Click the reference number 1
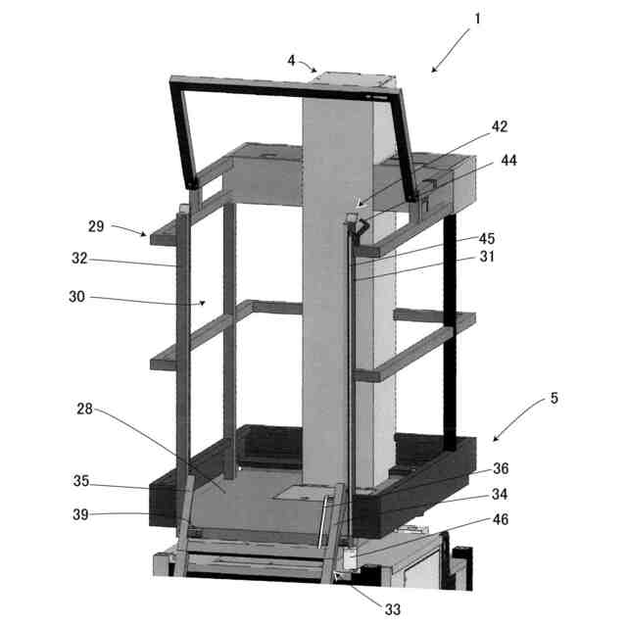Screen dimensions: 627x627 coord(477,19)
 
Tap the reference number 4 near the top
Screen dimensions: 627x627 coord(291,61)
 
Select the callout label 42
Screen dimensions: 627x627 coord(500,126)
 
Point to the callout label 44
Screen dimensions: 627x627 coord(508,161)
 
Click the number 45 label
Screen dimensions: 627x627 coord(487,238)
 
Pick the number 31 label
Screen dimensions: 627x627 coord(487,257)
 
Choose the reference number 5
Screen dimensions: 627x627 coord(554,398)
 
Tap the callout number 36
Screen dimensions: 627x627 coord(501,468)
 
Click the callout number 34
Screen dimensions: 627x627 coord(500,494)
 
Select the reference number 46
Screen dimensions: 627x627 coord(501,519)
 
